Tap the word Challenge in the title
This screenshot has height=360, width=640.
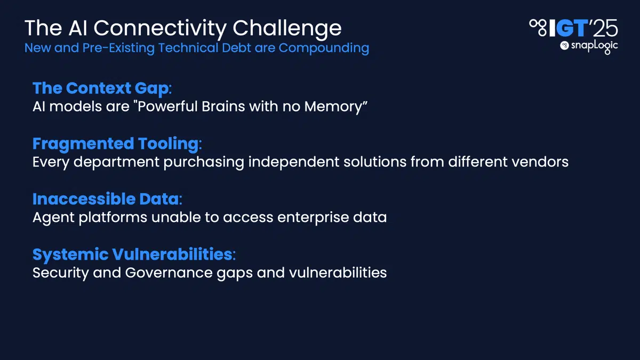click(287, 29)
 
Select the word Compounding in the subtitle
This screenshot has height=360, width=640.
click(324, 49)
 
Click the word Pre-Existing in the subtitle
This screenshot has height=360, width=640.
click(118, 48)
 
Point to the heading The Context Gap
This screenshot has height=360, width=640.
click(101, 89)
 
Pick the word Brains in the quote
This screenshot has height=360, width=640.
click(223, 107)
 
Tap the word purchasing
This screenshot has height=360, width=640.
click(204, 163)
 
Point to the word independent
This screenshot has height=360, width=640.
click(294, 163)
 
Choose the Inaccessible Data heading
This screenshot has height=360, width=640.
click(106, 199)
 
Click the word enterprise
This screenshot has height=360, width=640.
click(313, 218)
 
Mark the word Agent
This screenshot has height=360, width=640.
click(53, 218)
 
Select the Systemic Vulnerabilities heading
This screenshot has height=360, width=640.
click(133, 254)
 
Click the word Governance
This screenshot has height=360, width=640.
click(169, 273)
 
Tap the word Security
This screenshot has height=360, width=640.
click(61, 274)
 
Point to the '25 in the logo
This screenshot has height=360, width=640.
click(603, 28)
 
